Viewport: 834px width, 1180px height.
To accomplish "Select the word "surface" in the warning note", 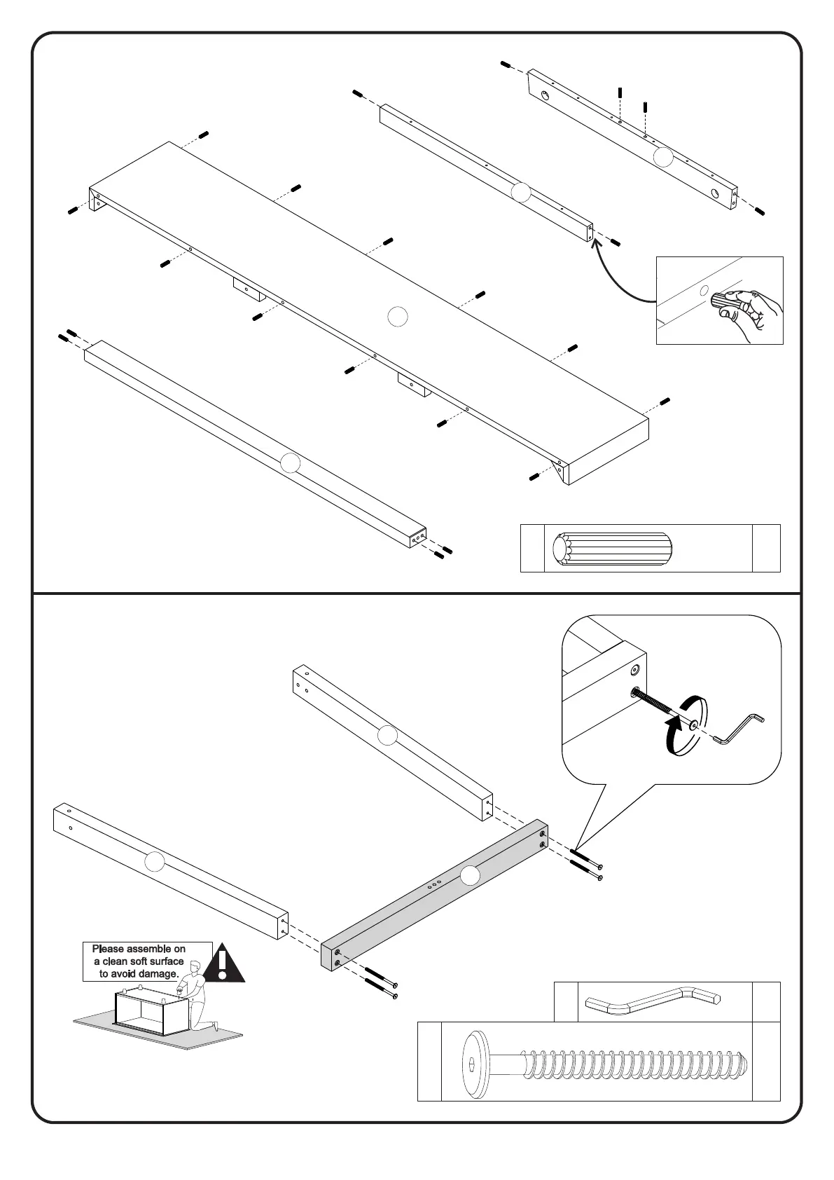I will click(167, 961).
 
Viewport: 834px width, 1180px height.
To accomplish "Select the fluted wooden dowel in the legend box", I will click(613, 548).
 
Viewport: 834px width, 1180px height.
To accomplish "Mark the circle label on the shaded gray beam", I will click(469, 875).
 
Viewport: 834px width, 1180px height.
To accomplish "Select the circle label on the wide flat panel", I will click(397, 317).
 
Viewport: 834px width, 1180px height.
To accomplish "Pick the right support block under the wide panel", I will click(414, 386).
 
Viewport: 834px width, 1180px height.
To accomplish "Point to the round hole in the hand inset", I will click(704, 289).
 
